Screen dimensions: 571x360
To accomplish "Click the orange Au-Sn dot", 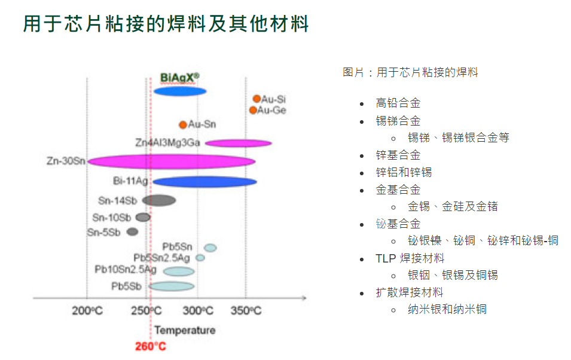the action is [x=183, y=125].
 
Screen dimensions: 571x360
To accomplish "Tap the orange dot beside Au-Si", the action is [x=257, y=99].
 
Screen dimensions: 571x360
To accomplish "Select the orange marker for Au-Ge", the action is [x=253, y=110].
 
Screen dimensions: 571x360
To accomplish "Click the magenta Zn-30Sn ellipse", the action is [x=172, y=161].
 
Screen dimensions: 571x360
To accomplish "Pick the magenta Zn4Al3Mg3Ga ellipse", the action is [x=239, y=143].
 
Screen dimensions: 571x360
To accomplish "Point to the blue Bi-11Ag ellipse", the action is [x=205, y=182].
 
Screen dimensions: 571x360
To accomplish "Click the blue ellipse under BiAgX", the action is [x=180, y=91].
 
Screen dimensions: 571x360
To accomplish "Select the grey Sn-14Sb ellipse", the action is [x=159, y=200].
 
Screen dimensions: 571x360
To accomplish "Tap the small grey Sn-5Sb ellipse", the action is [x=132, y=232].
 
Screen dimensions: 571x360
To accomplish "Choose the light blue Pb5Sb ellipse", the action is [x=172, y=286].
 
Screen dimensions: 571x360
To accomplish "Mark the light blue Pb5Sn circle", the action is [x=210, y=248].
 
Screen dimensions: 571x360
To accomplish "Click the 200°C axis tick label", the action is [x=87, y=311].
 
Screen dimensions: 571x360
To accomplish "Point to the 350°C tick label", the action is [x=246, y=311].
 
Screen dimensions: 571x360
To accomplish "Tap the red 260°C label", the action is [x=151, y=346].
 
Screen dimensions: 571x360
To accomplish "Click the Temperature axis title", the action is [x=185, y=330].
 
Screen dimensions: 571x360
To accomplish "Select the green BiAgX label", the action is [x=180, y=78].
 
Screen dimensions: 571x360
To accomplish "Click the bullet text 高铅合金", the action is [x=398, y=103].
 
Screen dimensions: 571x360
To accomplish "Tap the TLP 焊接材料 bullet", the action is [x=410, y=258].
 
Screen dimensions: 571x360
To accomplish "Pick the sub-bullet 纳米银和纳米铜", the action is [x=447, y=309].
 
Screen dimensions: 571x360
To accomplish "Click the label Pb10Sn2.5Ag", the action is [x=126, y=269].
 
